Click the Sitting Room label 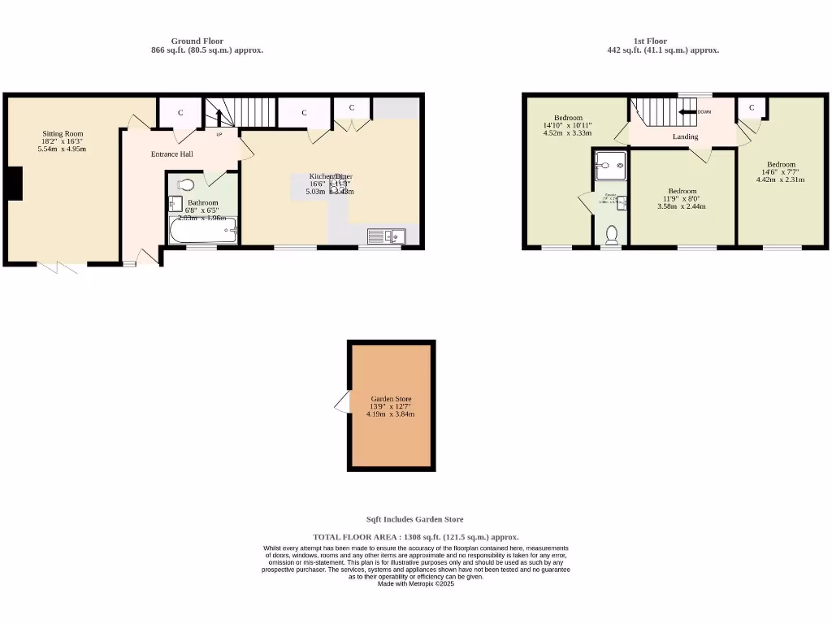click(63, 134)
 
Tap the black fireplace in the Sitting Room click(14, 183)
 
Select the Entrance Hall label click(171, 154)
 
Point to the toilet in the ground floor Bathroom click(187, 184)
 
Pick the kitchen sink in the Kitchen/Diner click(386, 236)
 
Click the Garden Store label click(391, 399)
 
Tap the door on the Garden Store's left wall click(341, 401)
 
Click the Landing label click(685, 136)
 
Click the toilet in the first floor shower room click(612, 234)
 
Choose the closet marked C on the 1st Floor click(752, 108)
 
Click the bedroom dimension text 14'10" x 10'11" click(567, 126)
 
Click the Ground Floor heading click(197, 41)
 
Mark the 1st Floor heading click(650, 41)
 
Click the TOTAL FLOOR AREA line click(415, 537)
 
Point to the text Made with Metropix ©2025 click(415, 584)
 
